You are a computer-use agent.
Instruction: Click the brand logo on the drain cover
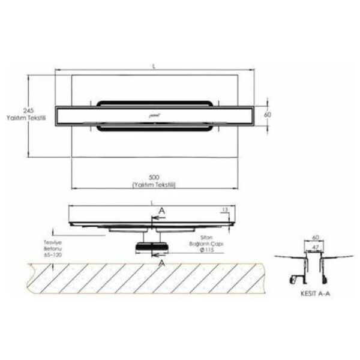[155, 113]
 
